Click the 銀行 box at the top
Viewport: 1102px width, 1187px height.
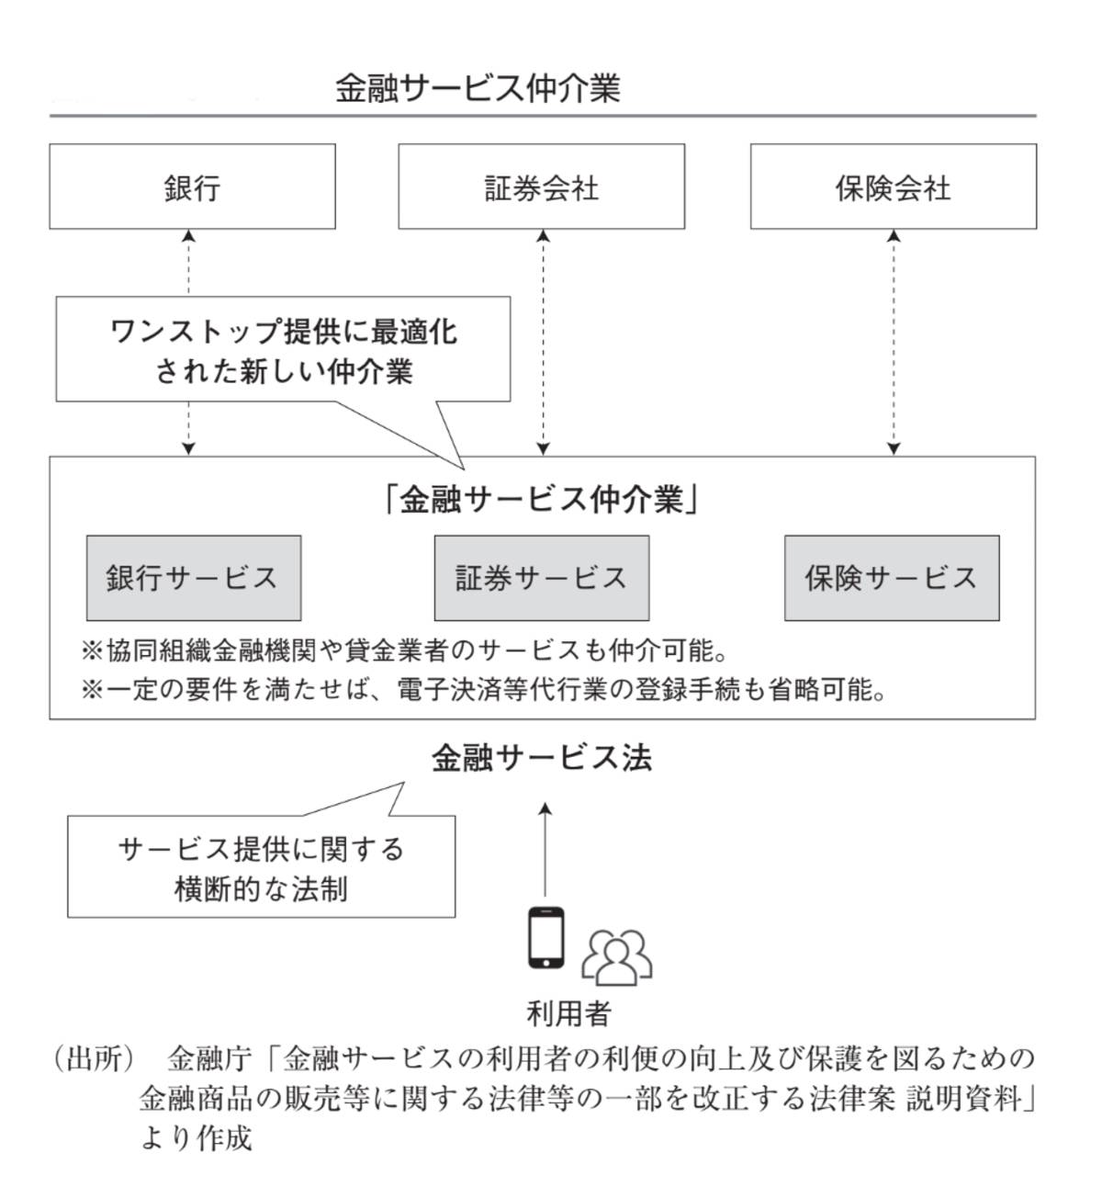click(x=192, y=187)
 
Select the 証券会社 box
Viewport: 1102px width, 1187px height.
click(x=541, y=187)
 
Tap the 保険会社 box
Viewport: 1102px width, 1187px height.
click(x=893, y=187)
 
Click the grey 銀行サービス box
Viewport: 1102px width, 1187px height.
click(x=193, y=578)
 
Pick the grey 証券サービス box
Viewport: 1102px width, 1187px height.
click(x=541, y=578)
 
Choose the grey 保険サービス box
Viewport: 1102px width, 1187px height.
click(x=891, y=578)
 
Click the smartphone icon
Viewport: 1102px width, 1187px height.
click(x=545, y=937)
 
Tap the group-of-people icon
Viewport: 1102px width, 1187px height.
click(x=616, y=955)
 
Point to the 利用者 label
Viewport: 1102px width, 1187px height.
click(x=568, y=1012)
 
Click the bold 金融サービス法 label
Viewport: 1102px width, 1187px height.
click(x=542, y=758)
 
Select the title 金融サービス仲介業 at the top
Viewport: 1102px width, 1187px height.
click(x=478, y=88)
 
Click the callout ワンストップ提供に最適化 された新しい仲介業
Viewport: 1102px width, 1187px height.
click(x=283, y=350)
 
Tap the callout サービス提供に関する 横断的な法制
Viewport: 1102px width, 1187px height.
click(x=261, y=868)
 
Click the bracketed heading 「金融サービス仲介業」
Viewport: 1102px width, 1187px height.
click(x=542, y=500)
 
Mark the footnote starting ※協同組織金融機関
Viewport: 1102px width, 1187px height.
click(x=404, y=651)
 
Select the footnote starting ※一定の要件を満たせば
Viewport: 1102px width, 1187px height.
click(x=483, y=690)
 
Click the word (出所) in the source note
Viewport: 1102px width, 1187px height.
click(x=93, y=1058)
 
